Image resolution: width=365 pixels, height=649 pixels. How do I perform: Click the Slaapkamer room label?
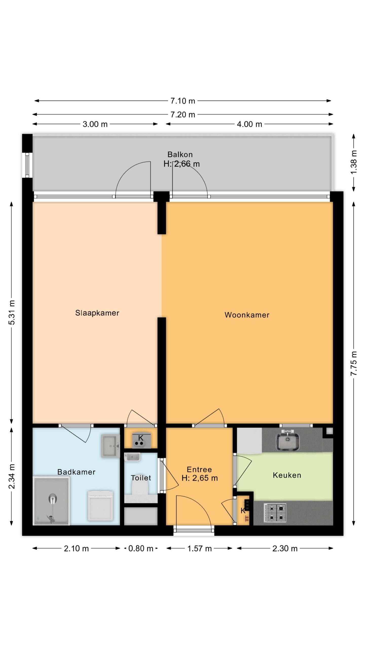(97, 313)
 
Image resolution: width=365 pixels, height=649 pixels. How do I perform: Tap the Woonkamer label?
(247, 315)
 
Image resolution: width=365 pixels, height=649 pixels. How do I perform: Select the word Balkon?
(180, 154)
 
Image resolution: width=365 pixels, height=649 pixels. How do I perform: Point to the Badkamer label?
(76, 472)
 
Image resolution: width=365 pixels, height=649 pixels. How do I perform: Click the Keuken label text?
(287, 475)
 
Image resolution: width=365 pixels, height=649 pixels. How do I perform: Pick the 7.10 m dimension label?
(182, 101)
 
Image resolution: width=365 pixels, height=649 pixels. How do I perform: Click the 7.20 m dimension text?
(182, 115)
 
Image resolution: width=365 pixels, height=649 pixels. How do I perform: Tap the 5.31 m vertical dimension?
(12, 312)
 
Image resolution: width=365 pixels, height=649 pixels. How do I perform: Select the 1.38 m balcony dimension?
(354, 162)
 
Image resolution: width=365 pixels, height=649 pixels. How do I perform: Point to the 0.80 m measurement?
(141, 549)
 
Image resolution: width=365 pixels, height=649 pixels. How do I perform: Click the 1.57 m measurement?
(199, 549)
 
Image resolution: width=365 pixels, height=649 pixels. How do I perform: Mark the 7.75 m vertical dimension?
(354, 363)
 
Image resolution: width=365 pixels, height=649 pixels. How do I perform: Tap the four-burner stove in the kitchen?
(275, 513)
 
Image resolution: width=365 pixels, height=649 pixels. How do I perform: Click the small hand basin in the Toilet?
(132, 457)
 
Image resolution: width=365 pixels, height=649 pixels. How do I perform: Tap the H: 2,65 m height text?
(199, 478)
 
